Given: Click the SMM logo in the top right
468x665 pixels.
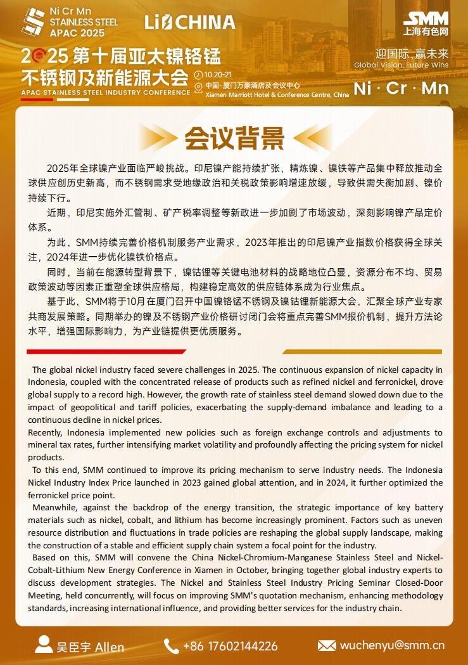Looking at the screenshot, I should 426,23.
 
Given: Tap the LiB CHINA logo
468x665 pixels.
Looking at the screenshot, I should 189,23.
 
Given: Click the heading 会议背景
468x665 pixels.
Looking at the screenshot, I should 234,138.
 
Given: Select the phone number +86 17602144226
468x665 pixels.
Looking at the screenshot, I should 230,646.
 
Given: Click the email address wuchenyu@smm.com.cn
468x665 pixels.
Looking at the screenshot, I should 391,646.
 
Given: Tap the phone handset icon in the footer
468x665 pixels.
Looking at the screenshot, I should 171,646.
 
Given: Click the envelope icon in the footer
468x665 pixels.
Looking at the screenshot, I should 326,646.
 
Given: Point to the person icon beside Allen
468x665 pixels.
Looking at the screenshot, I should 44,645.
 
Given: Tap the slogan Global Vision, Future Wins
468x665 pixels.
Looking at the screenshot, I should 401,65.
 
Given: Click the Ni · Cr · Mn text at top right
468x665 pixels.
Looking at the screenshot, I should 401,87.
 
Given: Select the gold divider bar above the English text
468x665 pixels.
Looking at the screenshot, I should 362,351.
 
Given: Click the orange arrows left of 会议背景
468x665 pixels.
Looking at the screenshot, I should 158,138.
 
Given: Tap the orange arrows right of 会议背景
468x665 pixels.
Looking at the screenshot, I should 310,138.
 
